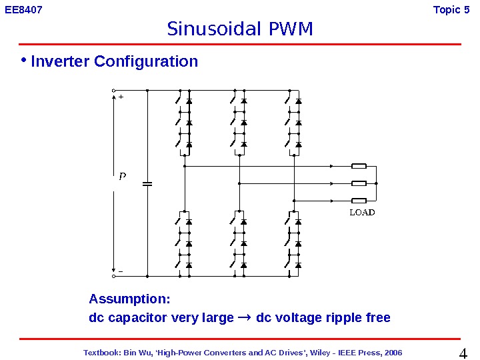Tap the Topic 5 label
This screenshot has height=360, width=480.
[x=456, y=10]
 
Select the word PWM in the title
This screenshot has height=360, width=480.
[x=291, y=30]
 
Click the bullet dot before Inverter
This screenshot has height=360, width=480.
[x=23, y=61]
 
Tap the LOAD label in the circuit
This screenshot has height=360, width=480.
[x=362, y=213]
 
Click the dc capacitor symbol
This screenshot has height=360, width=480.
[x=147, y=183]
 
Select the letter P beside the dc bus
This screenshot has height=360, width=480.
[x=122, y=177]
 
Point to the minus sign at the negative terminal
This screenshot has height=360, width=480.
[x=121, y=271]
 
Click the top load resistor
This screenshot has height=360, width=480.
[x=359, y=166]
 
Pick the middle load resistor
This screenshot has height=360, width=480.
[x=359, y=183]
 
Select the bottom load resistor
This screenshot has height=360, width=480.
[x=359, y=200]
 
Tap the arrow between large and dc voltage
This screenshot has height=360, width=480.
[x=245, y=317]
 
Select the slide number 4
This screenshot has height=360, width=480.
[x=465, y=352]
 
